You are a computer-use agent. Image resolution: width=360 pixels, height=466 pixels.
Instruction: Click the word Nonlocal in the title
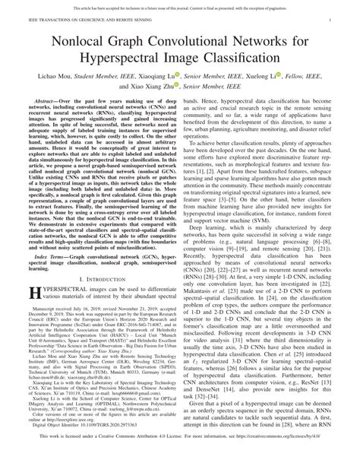90,33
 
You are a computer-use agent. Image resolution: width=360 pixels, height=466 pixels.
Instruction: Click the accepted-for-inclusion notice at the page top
180,5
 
